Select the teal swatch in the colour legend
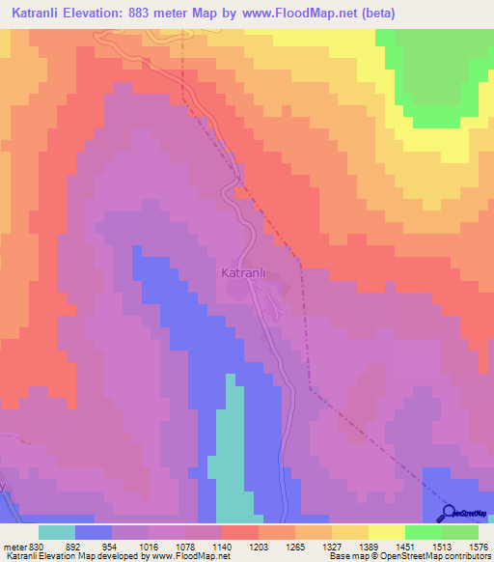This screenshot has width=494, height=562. tap(57, 532)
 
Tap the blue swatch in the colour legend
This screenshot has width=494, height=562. tap(94, 532)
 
